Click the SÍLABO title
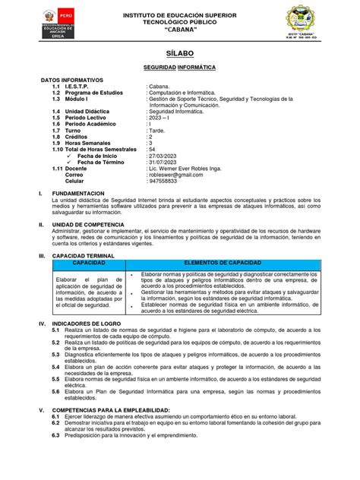[180, 55]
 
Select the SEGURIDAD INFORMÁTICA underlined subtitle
[179, 68]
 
